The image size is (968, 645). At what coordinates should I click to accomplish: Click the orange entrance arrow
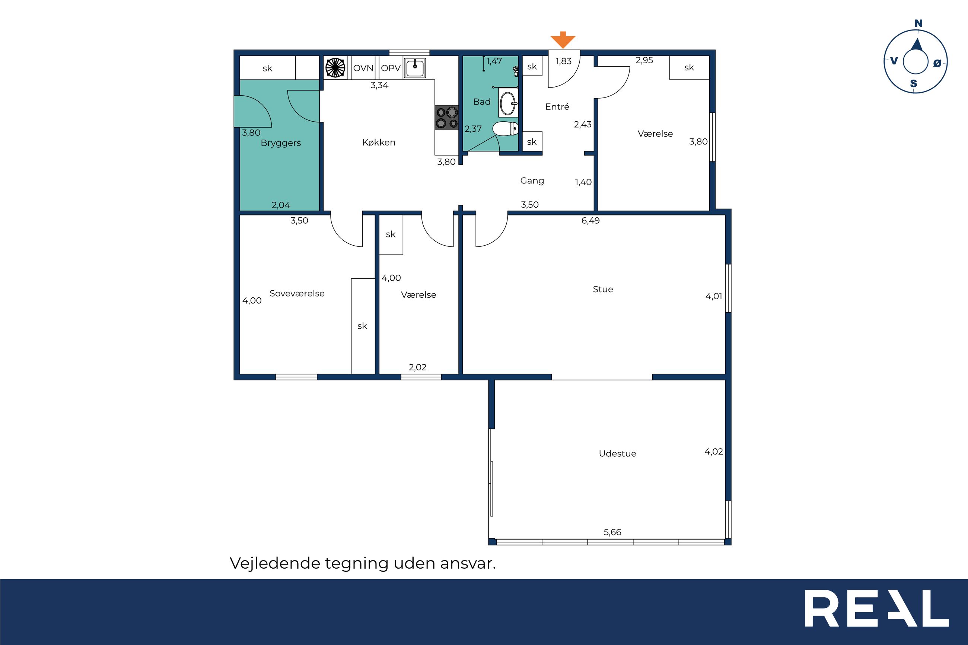[x=563, y=40]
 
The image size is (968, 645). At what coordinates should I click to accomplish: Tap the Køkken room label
[x=379, y=142]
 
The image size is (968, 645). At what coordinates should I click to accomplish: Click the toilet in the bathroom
[x=505, y=129]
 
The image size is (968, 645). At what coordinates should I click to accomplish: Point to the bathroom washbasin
[x=508, y=103]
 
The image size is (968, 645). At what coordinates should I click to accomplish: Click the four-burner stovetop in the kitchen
[x=447, y=118]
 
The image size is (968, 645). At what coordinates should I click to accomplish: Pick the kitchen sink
[x=415, y=68]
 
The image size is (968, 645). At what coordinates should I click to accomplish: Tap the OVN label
[x=363, y=68]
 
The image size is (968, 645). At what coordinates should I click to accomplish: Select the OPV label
[x=391, y=68]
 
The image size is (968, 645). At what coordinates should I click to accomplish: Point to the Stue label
[x=603, y=289]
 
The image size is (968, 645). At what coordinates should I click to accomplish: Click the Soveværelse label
[x=297, y=293]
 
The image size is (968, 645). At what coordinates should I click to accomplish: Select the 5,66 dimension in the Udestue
[x=612, y=532]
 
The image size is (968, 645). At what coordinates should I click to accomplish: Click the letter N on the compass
[x=918, y=23]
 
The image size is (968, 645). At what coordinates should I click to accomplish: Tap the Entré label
[x=557, y=107]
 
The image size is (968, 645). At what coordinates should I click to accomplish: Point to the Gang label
[x=532, y=181]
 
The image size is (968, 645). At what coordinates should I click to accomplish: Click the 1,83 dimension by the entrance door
[x=564, y=61]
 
